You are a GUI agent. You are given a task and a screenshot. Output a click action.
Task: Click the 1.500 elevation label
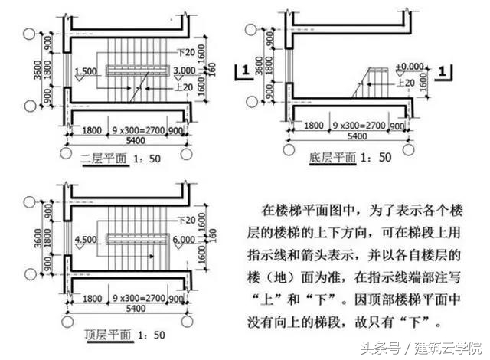pos(86,70)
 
